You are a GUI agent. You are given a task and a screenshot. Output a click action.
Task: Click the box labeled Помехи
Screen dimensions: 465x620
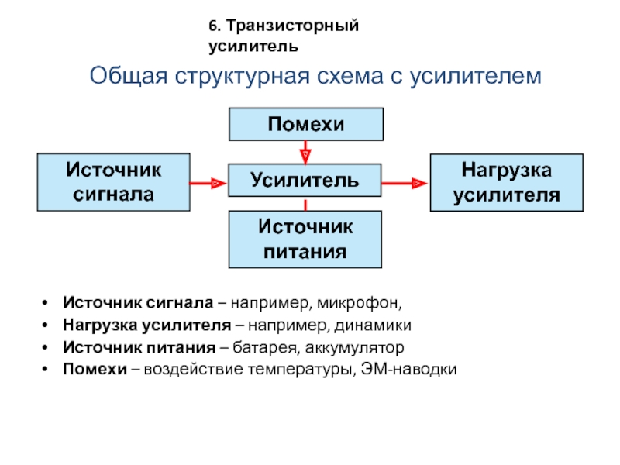point(306,124)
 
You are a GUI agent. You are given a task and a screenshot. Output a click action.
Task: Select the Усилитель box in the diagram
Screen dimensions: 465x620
point(305,181)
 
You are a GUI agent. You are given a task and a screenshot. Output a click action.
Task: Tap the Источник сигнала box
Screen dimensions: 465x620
point(114,181)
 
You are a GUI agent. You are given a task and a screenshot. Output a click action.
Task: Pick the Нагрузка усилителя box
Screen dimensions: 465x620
point(507,181)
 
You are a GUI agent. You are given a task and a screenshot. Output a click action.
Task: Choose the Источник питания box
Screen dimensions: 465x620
point(305,239)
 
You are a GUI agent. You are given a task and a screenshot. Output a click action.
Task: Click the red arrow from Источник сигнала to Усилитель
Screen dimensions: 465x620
point(208,183)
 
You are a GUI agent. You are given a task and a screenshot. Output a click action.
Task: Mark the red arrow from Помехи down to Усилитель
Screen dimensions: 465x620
point(307,151)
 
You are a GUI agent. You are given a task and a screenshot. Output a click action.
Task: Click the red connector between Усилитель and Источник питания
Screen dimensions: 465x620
point(307,205)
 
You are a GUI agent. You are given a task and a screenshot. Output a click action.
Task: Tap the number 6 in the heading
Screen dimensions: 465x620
point(212,26)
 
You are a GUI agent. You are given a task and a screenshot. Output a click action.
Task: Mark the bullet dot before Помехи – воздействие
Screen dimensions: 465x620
point(48,370)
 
